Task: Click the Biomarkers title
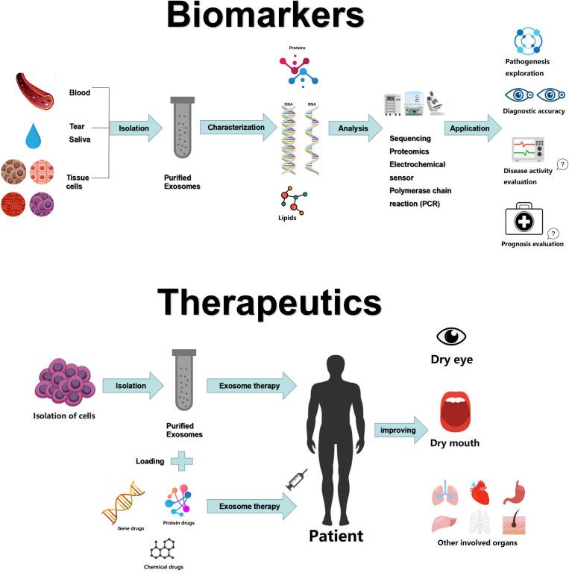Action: point(265,16)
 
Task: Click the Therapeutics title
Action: point(269,302)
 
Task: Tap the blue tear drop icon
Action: point(34,136)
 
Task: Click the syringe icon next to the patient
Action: point(297,480)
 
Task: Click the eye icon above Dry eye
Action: point(451,337)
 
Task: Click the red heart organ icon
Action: point(480,492)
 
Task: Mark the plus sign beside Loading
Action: point(181,461)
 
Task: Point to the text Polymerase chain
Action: point(420,190)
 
